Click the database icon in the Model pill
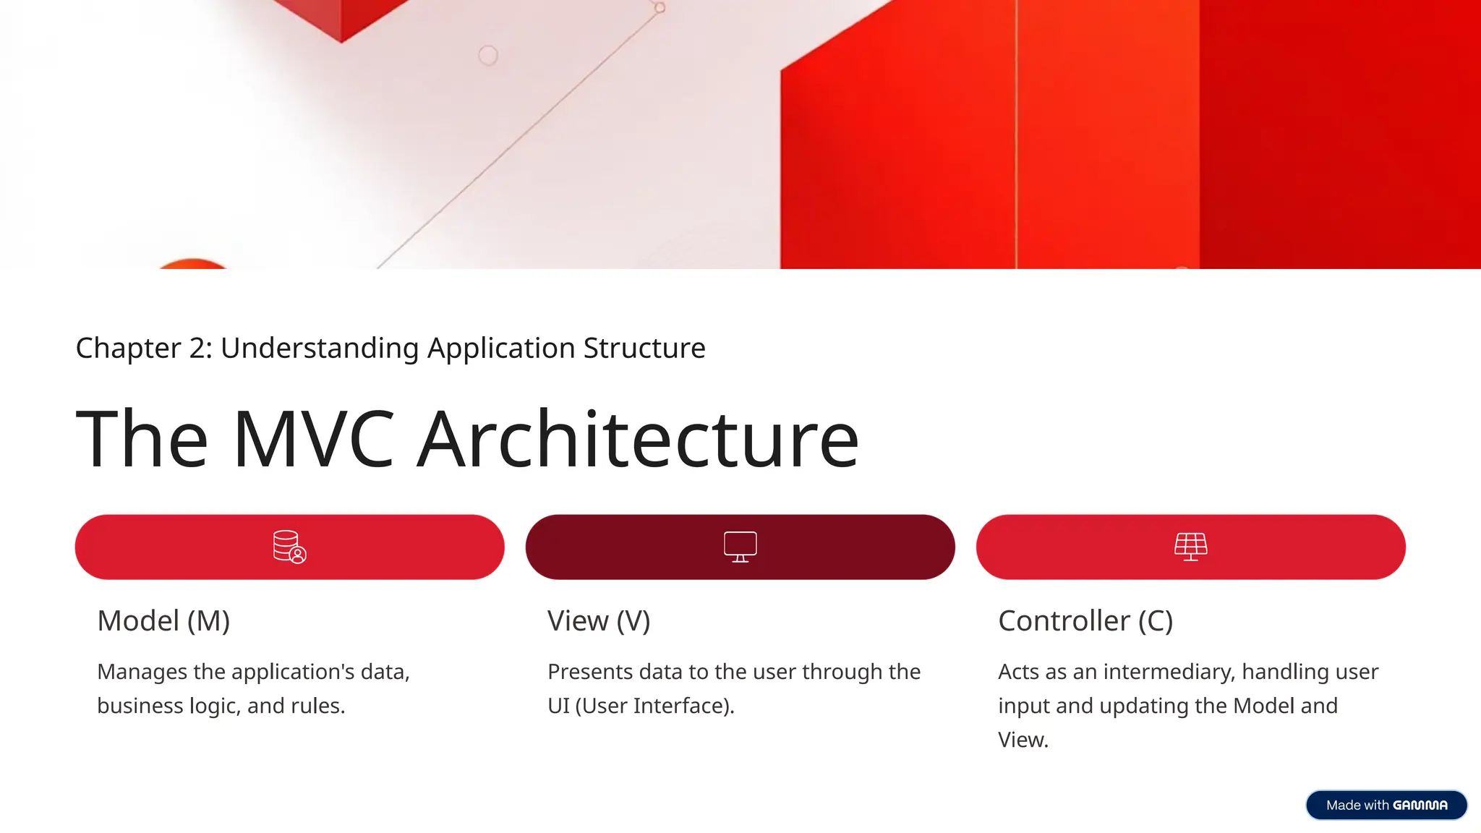289,547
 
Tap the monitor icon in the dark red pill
740,547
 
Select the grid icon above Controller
1190,547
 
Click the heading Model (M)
163,621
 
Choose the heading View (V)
599,621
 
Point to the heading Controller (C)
1085,621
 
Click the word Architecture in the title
639,439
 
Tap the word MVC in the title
313,439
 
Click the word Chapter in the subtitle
128,349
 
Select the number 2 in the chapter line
197,349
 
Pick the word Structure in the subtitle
644,349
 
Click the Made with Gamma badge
1386,805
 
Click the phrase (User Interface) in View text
654,706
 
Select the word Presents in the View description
590,672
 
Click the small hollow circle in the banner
488,55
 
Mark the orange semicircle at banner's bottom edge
192,264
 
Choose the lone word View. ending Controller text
1023,740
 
